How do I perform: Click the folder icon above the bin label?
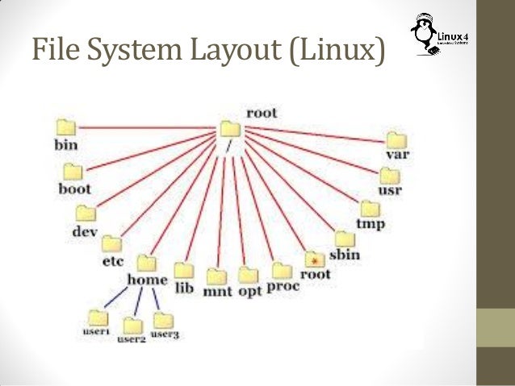click(x=66, y=127)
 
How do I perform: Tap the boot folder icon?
click(x=74, y=172)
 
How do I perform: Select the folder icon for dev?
click(x=86, y=213)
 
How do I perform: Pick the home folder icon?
click(x=147, y=264)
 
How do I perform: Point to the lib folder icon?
click(x=184, y=270)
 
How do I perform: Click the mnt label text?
click(x=217, y=291)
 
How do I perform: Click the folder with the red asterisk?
click(x=315, y=259)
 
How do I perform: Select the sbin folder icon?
click(x=345, y=239)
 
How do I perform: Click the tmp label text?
click(x=371, y=222)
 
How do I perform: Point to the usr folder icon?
click(x=390, y=175)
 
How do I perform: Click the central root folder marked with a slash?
click(x=231, y=130)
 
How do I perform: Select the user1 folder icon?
click(x=97, y=317)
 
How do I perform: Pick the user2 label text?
click(x=131, y=340)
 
